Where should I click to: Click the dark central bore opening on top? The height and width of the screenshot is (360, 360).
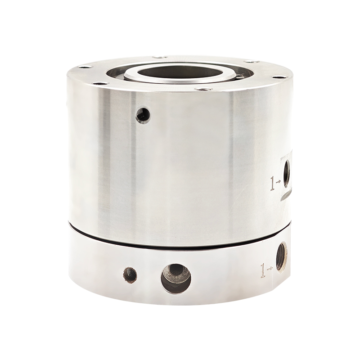coord(180,72)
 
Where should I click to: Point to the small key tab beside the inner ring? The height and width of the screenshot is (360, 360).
coord(240,76)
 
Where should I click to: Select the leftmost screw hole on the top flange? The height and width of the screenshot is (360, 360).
coord(85,67)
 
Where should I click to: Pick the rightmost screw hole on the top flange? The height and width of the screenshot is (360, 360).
coord(279,77)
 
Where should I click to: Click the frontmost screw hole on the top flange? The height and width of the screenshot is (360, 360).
coord(203,89)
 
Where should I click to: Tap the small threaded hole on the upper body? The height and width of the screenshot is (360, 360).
coord(143,115)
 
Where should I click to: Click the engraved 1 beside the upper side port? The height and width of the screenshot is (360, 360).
coord(273,183)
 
